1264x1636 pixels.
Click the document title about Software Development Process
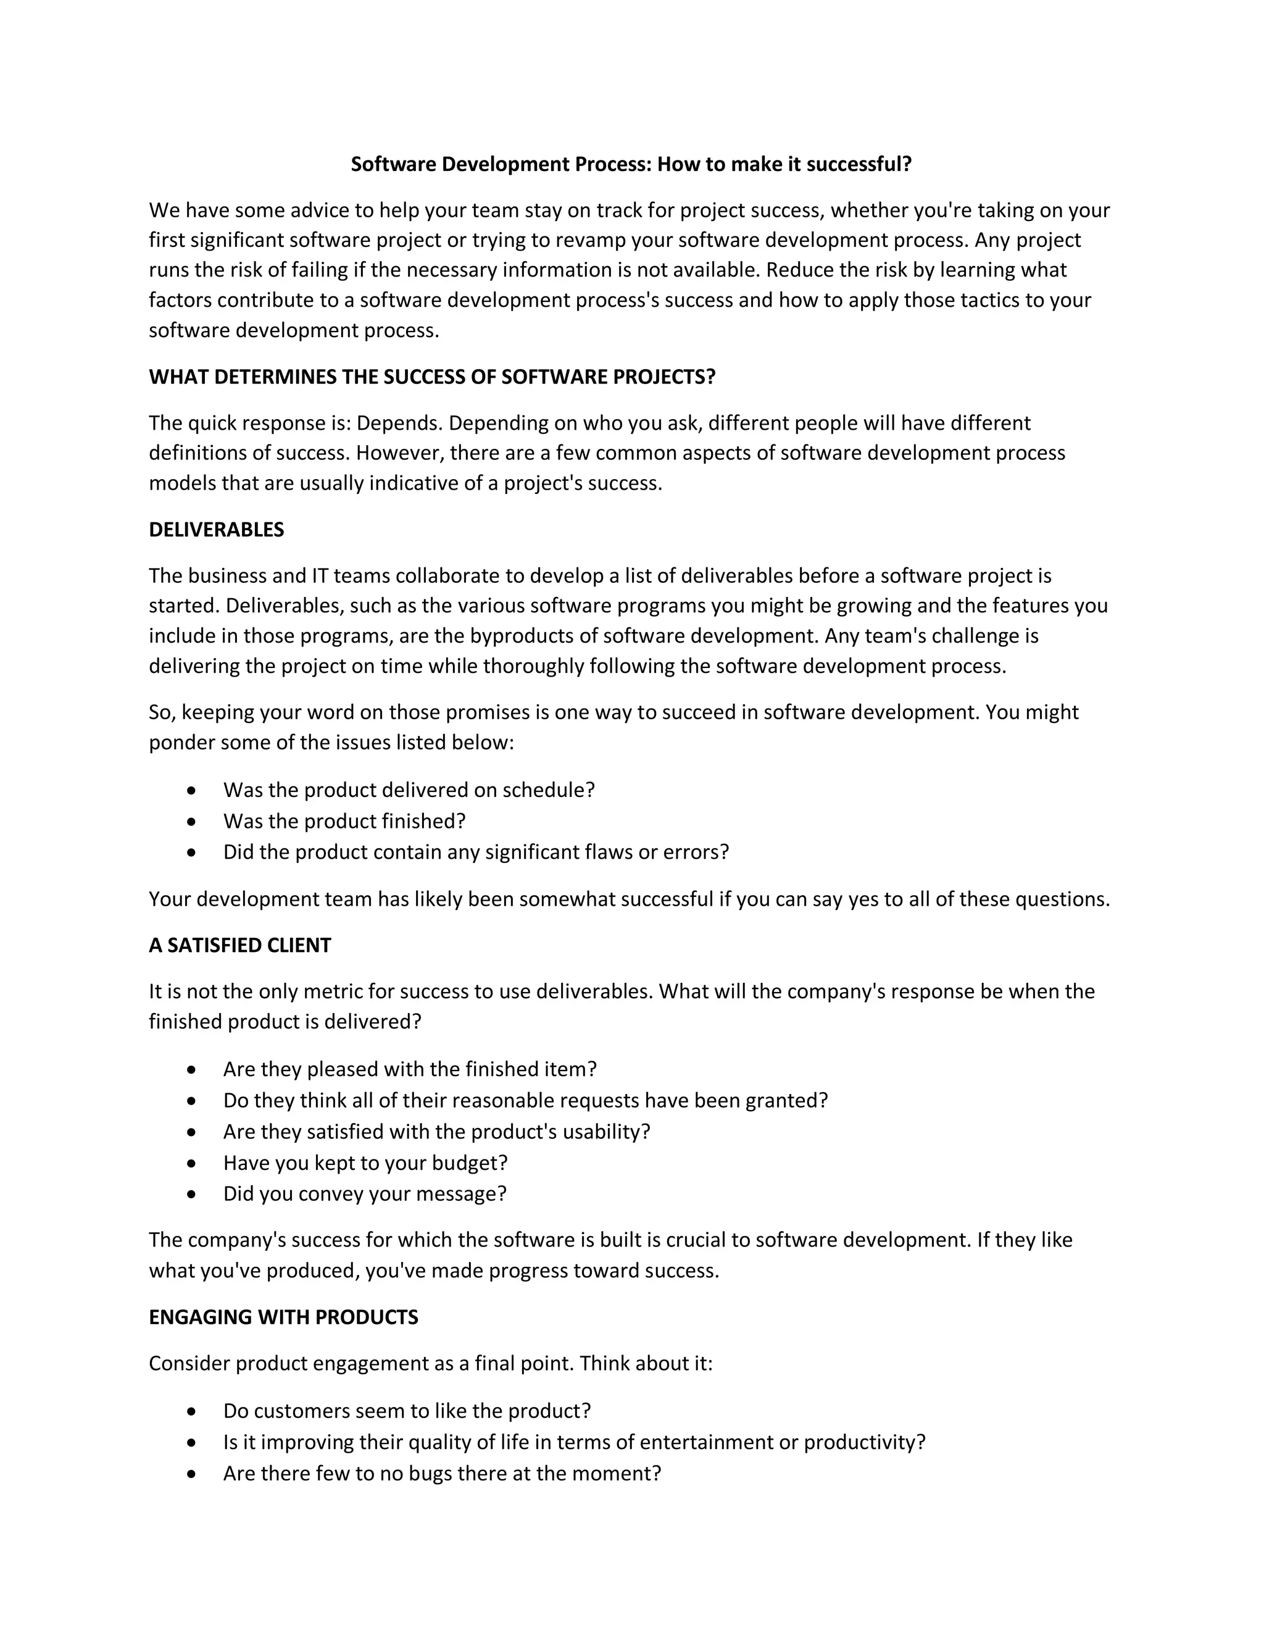click(x=631, y=164)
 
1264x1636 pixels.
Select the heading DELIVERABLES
click(x=217, y=530)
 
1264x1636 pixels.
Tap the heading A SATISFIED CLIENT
click(x=239, y=945)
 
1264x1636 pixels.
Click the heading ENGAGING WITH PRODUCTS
click(x=283, y=1317)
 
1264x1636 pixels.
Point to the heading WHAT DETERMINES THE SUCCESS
click(x=432, y=377)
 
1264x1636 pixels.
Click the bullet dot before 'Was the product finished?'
click(x=193, y=822)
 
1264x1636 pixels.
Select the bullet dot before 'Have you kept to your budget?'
click(x=193, y=1163)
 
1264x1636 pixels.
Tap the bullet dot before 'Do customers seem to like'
click(x=193, y=1411)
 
